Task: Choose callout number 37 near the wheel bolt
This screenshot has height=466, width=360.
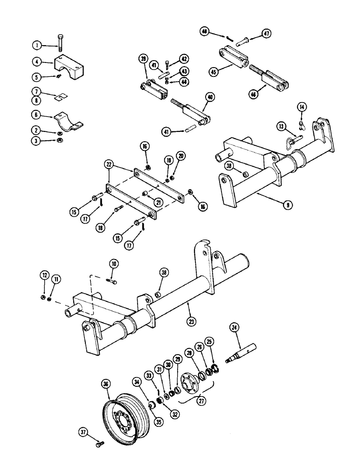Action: tap(84, 433)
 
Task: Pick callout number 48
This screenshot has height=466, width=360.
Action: tap(204, 32)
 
